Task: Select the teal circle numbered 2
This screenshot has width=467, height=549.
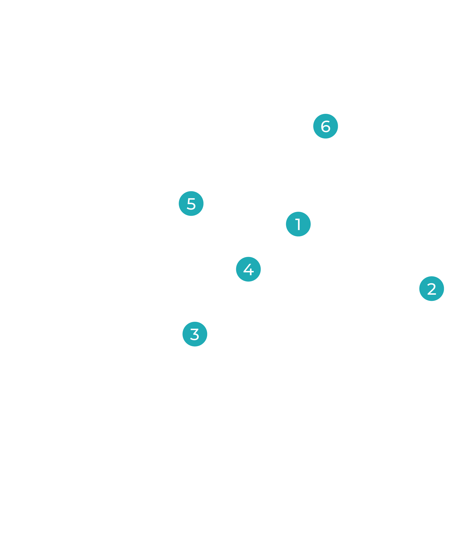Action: click(432, 289)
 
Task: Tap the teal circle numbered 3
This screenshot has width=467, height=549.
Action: click(195, 334)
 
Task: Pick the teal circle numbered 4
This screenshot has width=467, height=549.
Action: click(248, 269)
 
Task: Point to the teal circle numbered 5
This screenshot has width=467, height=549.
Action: click(191, 203)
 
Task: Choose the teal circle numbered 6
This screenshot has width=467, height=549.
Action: click(325, 126)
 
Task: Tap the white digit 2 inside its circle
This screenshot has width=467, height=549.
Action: click(432, 289)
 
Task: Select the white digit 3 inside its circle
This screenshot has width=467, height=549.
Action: click(195, 334)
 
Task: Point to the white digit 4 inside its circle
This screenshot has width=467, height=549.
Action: click(248, 269)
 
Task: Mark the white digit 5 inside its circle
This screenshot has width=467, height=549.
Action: click(191, 204)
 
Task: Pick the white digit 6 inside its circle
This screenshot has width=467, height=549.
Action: click(326, 126)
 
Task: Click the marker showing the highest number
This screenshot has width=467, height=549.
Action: click(325, 126)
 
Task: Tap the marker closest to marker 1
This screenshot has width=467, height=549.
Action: click(248, 269)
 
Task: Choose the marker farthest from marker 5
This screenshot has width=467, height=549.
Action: click(432, 289)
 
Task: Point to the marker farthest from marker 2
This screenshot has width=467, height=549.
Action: click(191, 203)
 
